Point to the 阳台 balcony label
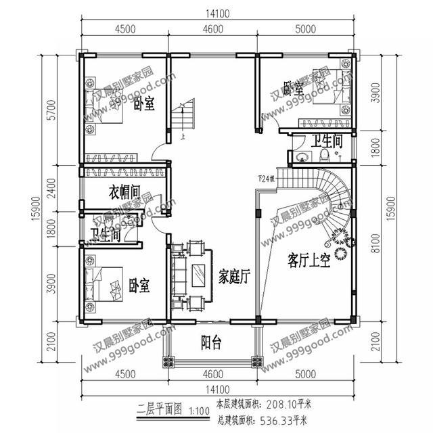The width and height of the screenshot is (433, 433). click(212, 341)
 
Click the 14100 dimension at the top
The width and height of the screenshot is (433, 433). click(216, 12)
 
